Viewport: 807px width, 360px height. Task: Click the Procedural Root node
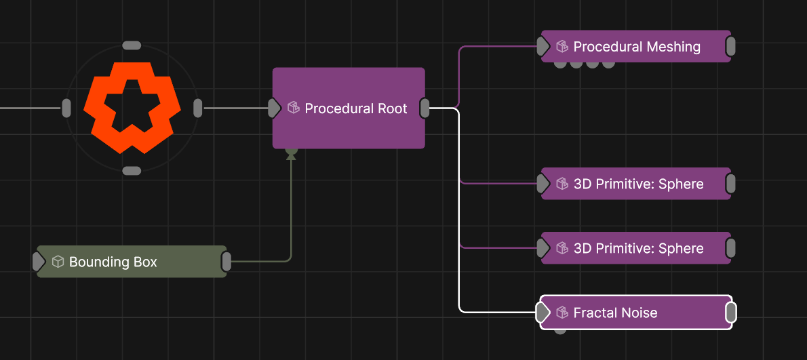[x=349, y=108]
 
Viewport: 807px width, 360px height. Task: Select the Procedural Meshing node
[x=636, y=46]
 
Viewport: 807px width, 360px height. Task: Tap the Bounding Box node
[x=132, y=262]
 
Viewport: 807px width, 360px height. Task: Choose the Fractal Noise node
[x=636, y=312]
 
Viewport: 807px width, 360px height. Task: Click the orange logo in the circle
[x=132, y=108]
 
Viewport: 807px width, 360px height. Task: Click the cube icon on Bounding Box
[x=58, y=262]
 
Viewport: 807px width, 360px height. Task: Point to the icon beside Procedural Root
[x=294, y=108]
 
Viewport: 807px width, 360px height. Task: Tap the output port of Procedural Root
[x=425, y=108]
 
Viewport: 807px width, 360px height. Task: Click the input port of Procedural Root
[x=275, y=108]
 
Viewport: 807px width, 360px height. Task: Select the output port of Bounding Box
[x=227, y=262]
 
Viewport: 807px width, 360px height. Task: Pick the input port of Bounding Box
[x=39, y=262]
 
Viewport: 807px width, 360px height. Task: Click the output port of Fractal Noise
[x=731, y=312]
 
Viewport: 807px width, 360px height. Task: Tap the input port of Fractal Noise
[x=543, y=312]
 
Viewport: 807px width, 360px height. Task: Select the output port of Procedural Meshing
[x=730, y=46]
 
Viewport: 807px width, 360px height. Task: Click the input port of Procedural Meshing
[x=543, y=46]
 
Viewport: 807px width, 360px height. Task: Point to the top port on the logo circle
[x=132, y=45]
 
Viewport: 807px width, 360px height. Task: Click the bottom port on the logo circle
[x=132, y=172]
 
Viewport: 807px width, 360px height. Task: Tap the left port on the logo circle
[x=66, y=108]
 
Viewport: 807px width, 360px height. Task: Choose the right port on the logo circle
[x=197, y=108]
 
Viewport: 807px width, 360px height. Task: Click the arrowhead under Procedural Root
[x=292, y=155]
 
